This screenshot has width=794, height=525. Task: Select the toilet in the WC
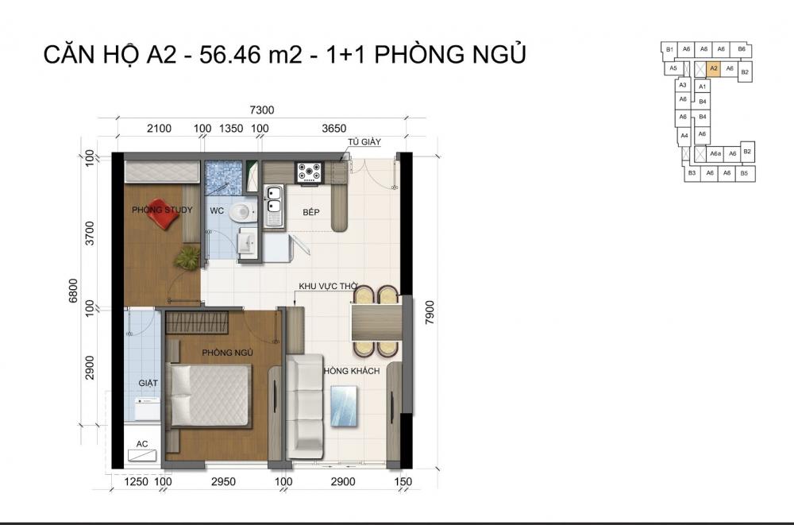pos(241,212)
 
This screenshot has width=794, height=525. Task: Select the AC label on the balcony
pos(143,444)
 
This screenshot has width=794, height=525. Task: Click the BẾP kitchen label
pos(311,213)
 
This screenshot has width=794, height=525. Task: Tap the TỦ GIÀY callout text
pos(364,142)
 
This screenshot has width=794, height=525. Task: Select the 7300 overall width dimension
pos(261,110)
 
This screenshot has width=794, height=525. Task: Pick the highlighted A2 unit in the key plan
pos(714,69)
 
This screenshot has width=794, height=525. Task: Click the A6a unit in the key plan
pos(715,153)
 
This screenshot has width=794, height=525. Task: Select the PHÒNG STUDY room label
pos(158,209)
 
